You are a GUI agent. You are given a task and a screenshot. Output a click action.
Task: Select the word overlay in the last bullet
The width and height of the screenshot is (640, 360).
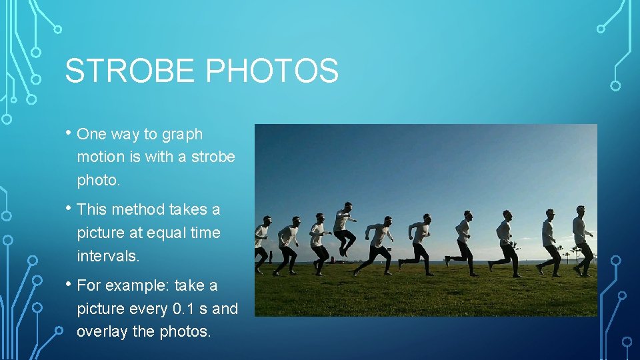click(102, 331)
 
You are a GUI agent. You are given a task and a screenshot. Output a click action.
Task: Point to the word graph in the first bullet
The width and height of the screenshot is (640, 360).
click(183, 135)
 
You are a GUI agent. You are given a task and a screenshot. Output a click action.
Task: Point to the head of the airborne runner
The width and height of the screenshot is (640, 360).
click(347, 207)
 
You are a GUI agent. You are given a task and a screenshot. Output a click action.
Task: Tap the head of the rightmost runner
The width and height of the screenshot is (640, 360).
click(581, 211)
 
